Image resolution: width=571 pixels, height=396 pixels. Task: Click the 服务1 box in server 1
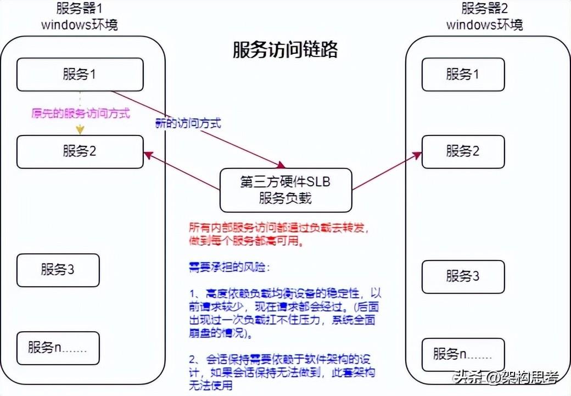click(80, 74)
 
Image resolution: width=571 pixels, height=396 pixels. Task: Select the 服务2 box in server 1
click(80, 151)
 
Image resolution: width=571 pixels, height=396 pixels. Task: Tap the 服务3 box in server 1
click(58, 270)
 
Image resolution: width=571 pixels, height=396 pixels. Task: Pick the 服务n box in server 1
click(58, 348)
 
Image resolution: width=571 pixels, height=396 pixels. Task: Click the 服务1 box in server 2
click(462, 74)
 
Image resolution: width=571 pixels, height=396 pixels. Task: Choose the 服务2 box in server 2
click(462, 151)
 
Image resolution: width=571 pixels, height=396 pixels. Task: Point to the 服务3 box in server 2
click(462, 275)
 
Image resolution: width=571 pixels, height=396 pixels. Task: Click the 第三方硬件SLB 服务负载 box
click(285, 190)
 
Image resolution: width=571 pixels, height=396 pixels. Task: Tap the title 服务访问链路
click(285, 50)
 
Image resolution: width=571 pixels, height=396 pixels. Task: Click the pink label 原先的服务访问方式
click(80, 114)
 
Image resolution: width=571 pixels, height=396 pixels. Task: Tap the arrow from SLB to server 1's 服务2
click(181, 172)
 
